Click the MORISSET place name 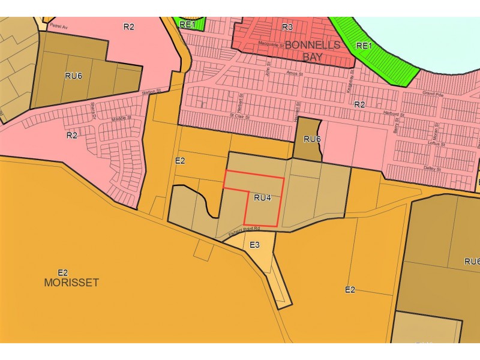coord(71,282)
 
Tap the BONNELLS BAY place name coord(312,52)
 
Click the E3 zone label coord(254,245)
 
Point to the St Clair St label coord(239,115)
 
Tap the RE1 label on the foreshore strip coord(364,45)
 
